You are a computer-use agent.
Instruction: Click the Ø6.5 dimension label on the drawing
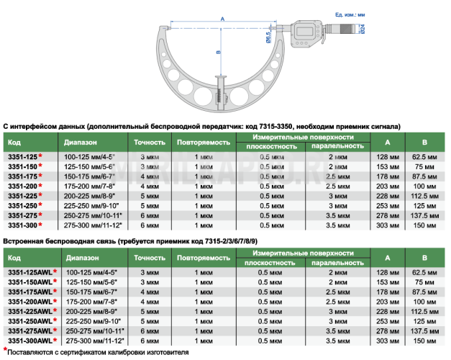(268, 37)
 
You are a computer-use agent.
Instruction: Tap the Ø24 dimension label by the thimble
(363, 29)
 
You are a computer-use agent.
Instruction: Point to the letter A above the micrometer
(222, 19)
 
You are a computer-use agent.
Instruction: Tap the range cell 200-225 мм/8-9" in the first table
(89, 196)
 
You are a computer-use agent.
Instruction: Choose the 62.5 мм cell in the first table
(424, 157)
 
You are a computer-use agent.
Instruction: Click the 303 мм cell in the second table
(388, 341)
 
